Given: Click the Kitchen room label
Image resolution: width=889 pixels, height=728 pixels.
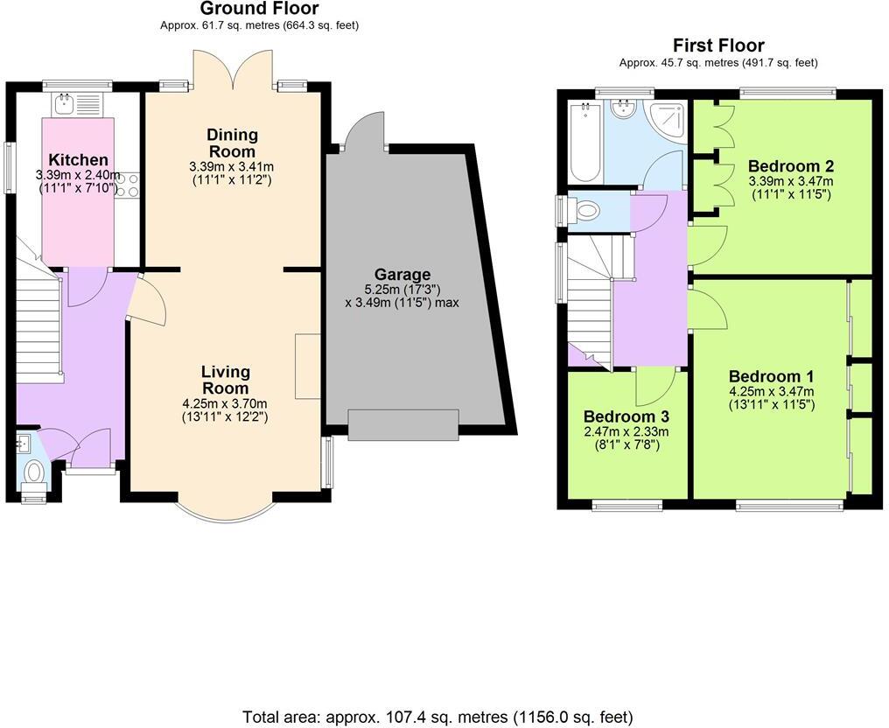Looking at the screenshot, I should (78, 160).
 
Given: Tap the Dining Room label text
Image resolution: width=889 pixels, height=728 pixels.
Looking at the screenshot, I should (232, 142).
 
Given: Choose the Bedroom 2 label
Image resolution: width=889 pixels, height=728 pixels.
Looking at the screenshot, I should (790, 165).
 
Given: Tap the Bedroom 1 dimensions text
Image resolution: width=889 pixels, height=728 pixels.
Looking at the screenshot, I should (771, 398).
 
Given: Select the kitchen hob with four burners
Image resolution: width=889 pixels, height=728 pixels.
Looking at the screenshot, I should (127, 185).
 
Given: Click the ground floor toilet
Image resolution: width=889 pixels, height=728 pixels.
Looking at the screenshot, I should (35, 472).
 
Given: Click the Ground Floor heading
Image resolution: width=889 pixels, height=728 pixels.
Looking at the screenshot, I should (259, 9).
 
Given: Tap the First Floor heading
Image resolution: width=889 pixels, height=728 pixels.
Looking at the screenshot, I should (718, 45).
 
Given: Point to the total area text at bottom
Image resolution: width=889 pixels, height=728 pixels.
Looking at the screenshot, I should (437, 717).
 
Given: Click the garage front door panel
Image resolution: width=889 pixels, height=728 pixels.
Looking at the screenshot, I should (402, 424).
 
